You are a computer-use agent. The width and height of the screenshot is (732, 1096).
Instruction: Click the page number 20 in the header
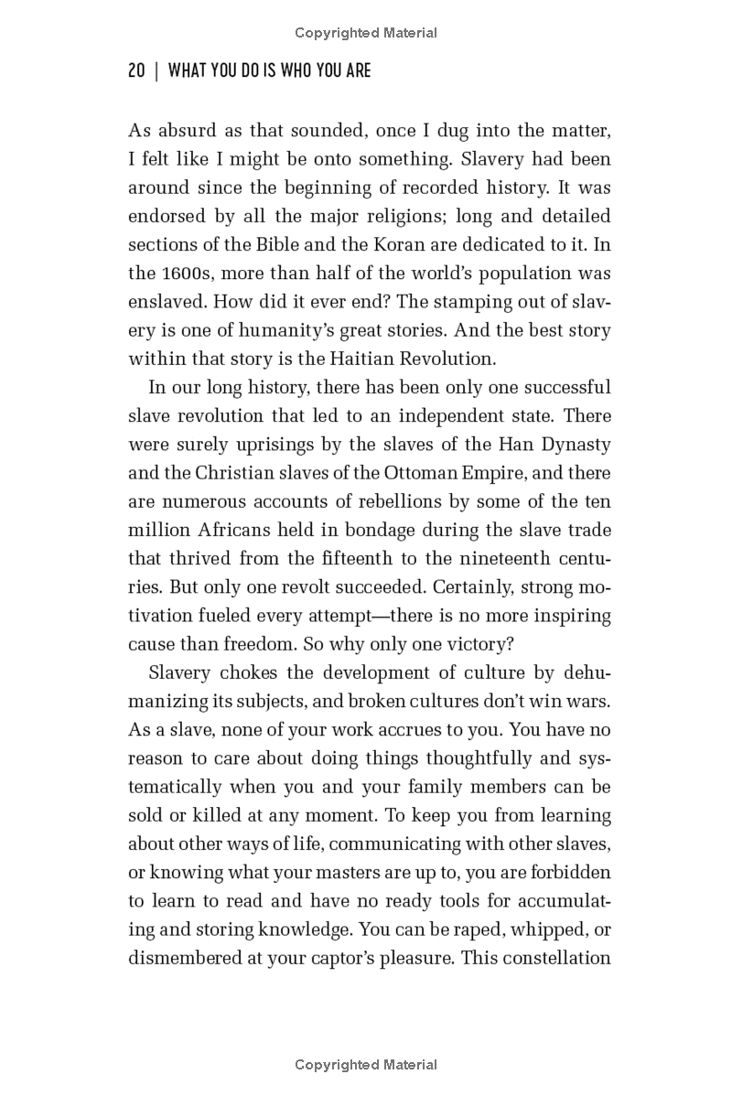(x=136, y=70)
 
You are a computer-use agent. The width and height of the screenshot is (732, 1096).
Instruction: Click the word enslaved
(x=164, y=302)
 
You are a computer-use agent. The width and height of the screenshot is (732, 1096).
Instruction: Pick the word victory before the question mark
(x=443, y=644)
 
